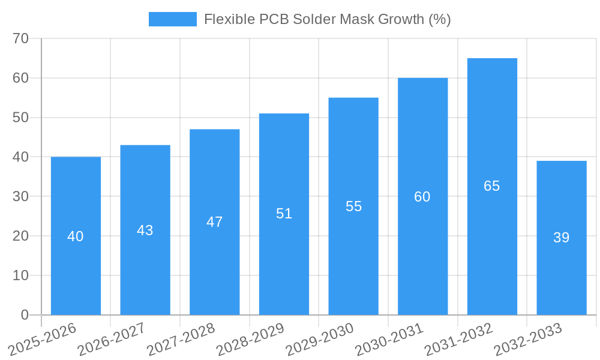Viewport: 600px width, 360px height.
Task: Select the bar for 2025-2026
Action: point(76,236)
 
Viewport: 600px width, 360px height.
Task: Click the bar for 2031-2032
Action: point(492,187)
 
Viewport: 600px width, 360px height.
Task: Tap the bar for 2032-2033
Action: point(562,238)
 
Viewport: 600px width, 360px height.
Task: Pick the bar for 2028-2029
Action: point(284,214)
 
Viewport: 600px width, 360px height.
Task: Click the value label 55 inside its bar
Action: point(354,206)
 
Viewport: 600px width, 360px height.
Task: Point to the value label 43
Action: point(145,230)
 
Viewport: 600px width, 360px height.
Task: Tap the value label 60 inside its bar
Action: point(422,197)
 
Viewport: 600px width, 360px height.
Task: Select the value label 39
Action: point(562,238)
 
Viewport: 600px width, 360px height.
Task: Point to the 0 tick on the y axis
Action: point(25,315)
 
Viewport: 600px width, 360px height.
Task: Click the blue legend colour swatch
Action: point(173,19)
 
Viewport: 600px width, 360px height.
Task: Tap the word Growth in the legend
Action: point(401,19)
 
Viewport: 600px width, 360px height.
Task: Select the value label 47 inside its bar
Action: point(215,222)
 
